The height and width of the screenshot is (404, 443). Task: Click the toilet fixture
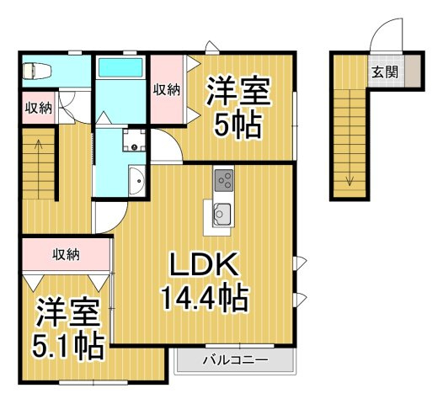point(37,71)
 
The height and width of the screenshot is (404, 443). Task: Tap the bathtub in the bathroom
point(120,67)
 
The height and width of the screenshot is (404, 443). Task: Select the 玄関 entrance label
point(385,72)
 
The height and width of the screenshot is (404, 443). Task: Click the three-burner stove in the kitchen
point(224,180)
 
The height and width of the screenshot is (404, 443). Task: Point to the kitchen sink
point(222,215)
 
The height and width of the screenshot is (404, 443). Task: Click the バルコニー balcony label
point(236,360)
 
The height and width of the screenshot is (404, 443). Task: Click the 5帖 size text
point(237,125)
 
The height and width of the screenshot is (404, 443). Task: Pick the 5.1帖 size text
point(67,346)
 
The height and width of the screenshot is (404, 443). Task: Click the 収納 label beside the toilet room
point(39,108)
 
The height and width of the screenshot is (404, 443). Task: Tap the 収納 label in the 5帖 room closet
point(167,90)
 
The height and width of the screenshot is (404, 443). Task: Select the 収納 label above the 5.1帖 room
point(67,255)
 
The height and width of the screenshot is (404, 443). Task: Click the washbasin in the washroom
point(137,180)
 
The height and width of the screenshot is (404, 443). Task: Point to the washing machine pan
point(134,140)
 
